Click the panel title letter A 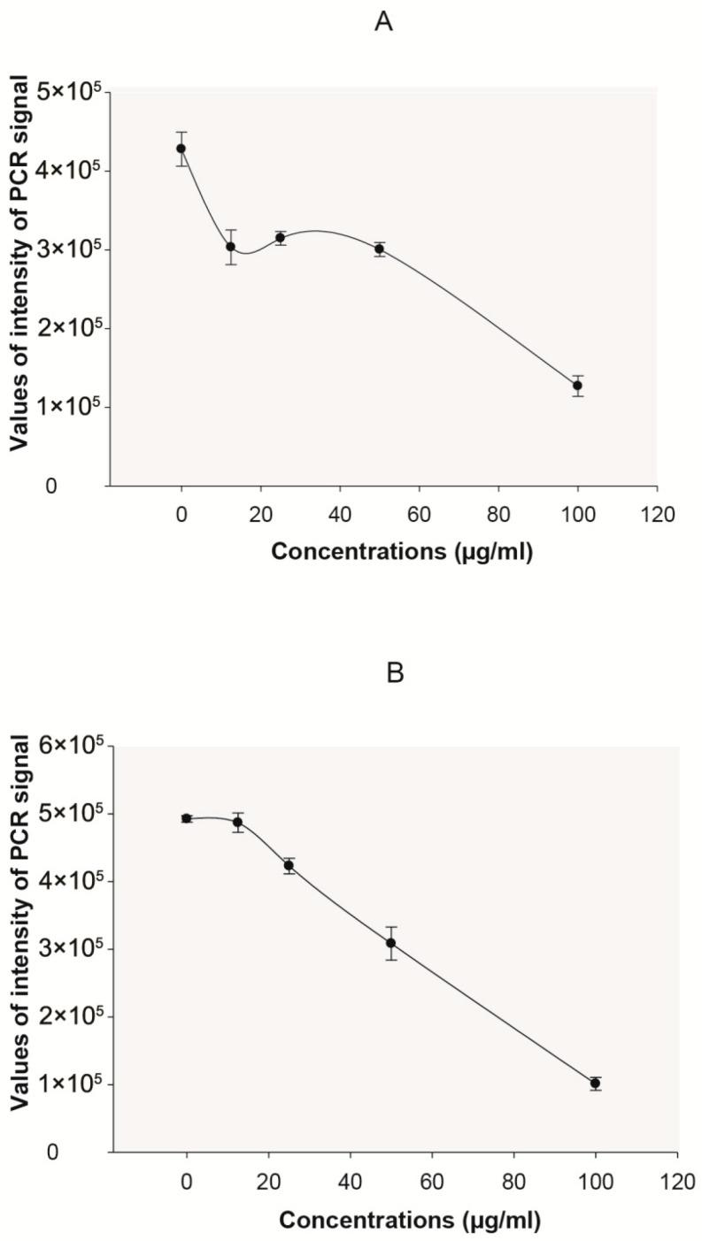[x=383, y=22]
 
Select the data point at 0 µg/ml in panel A [x=181, y=149]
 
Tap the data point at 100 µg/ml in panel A [x=577, y=386]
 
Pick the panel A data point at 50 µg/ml [x=379, y=249]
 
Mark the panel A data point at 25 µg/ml [x=280, y=237]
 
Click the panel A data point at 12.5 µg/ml [x=230, y=247]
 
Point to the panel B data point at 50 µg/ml [x=390, y=943]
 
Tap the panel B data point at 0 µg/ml [x=186, y=818]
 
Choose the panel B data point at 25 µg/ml [x=289, y=865]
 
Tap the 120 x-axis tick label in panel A [x=657, y=512]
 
